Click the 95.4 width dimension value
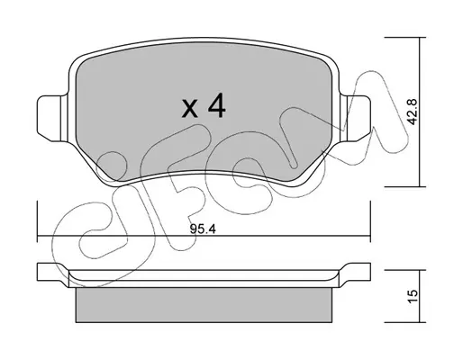[x=203, y=229]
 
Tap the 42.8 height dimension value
[x=413, y=112]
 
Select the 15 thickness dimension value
[x=413, y=296]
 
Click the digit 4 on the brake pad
[x=217, y=105]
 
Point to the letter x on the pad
[x=190, y=109]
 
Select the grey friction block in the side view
[x=204, y=305]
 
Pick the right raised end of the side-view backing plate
[x=355, y=272]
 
